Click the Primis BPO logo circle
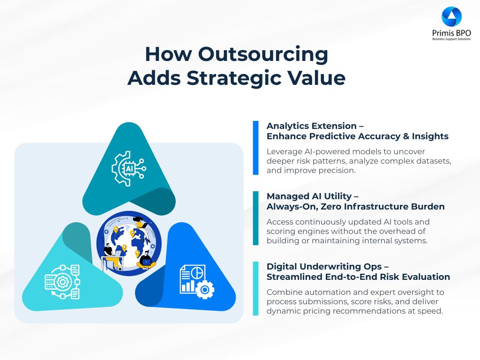451,16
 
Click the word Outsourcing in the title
263,54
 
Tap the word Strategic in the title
233,78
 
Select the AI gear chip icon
128,168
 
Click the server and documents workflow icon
62,282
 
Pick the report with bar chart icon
197,282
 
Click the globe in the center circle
129,243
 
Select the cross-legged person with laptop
146,260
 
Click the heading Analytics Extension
312,126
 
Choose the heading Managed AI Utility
309,196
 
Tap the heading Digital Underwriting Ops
324,266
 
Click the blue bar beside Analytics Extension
255,148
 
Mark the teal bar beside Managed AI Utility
255,218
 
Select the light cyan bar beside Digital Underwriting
255,288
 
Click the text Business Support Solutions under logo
451,39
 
